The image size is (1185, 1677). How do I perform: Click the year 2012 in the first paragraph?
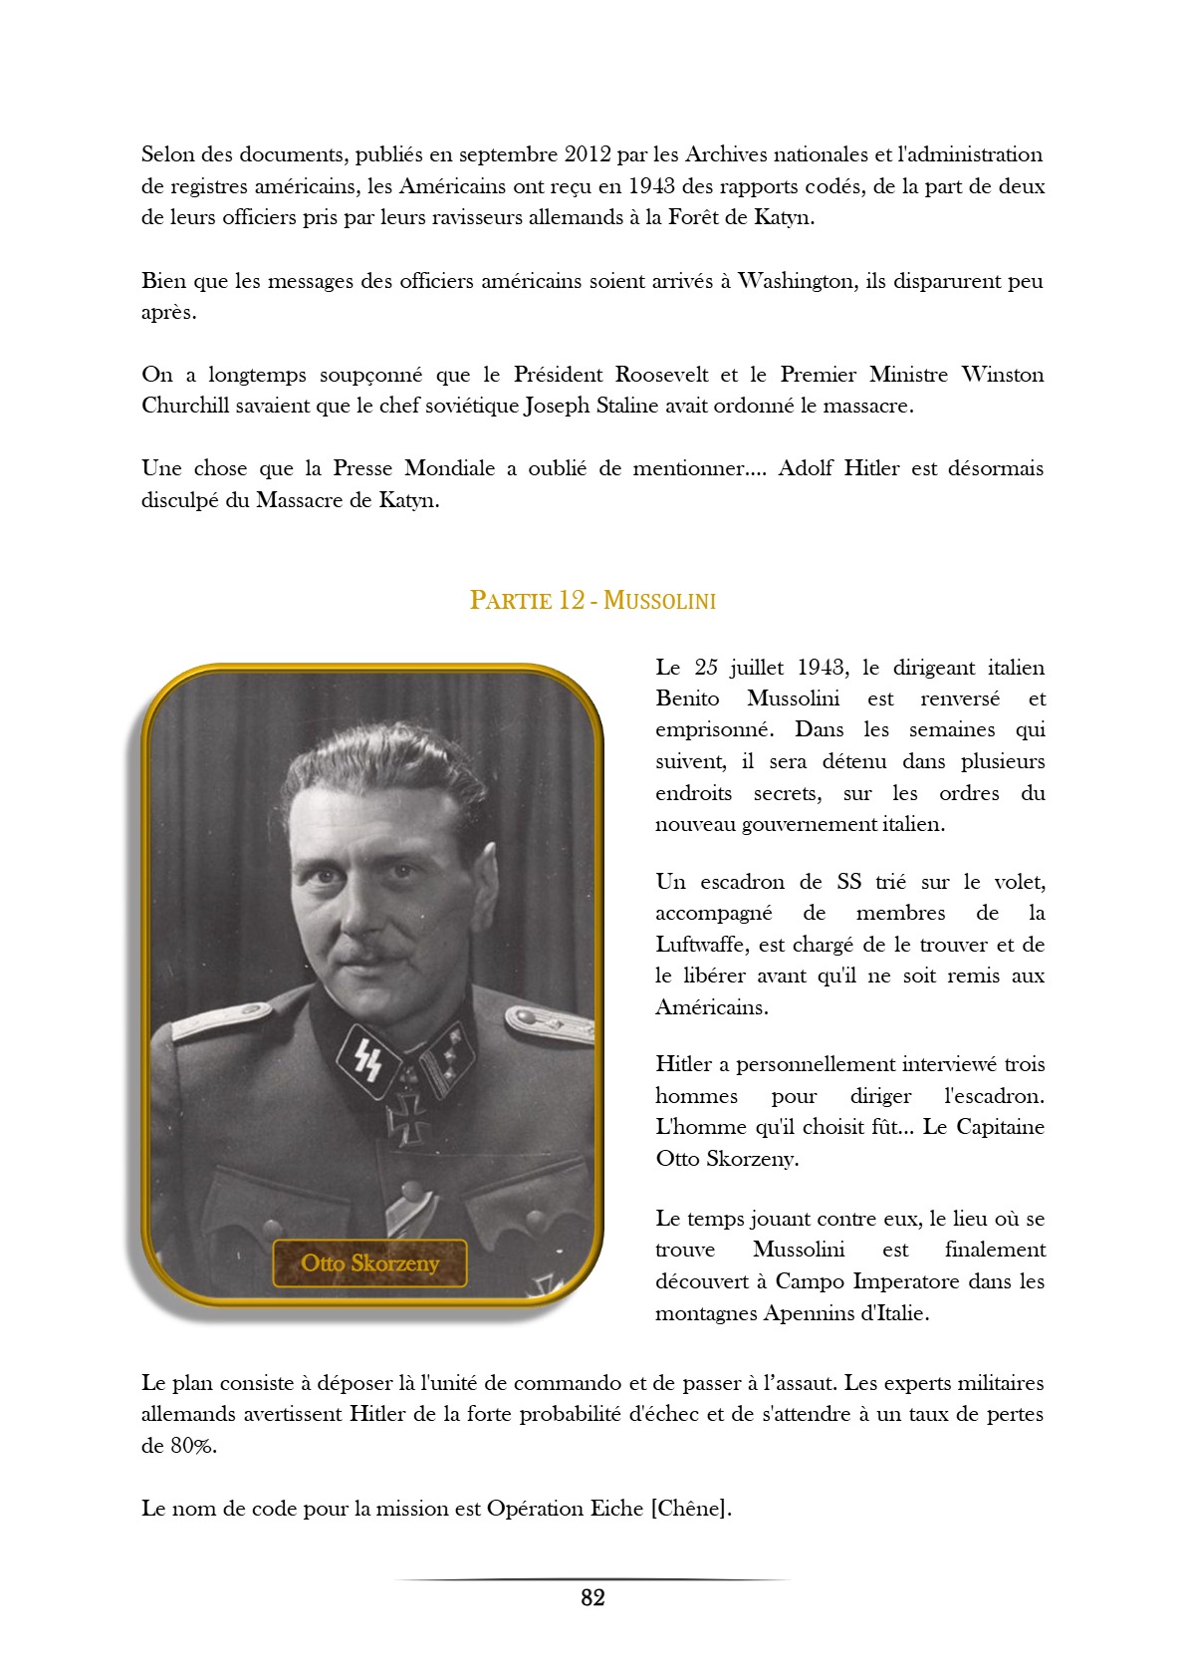(588, 154)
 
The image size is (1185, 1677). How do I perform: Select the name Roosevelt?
(661, 375)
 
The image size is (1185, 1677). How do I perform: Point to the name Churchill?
(185, 406)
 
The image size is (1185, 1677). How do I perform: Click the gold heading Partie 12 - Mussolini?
(592, 600)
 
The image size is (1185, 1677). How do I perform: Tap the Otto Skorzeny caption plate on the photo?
(369, 1263)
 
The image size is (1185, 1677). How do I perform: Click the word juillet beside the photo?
(762, 668)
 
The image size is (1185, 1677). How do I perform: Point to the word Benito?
(687, 699)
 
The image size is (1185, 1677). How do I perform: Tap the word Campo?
(809, 1281)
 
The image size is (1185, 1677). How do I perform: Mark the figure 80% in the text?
(192, 1446)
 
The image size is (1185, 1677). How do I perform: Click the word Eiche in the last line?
(616, 1509)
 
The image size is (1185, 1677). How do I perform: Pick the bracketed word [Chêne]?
(691, 1509)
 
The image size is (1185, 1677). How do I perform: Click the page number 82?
(592, 1598)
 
